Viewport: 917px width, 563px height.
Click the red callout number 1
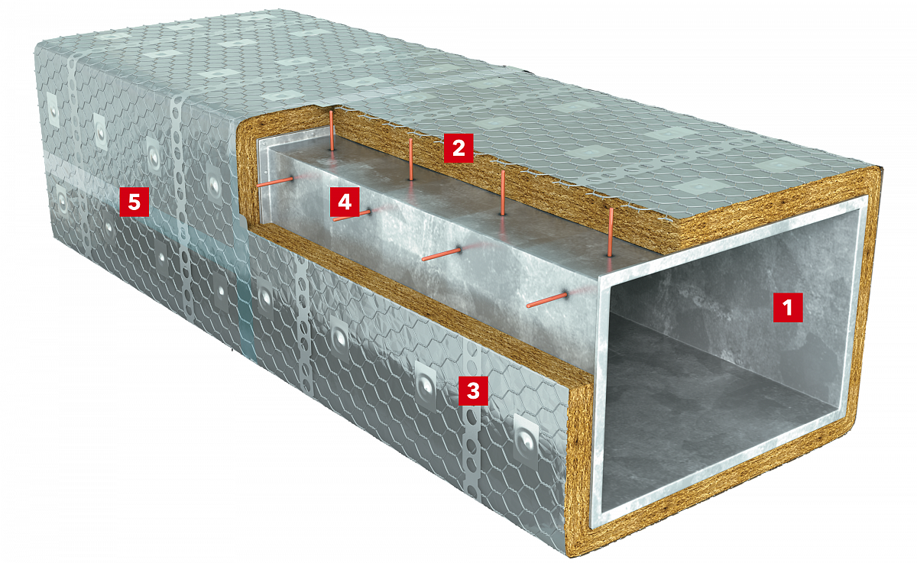tap(788, 307)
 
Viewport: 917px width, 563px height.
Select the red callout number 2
tap(458, 147)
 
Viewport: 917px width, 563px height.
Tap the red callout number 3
tap(473, 391)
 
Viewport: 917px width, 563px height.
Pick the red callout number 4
tap(345, 202)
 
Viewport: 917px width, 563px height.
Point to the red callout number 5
tap(134, 202)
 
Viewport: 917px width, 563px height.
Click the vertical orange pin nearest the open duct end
tap(611, 232)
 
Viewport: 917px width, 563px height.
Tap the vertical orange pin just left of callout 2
tap(410, 159)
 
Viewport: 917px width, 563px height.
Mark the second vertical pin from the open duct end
tap(503, 193)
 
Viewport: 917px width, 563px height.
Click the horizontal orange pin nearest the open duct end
tap(547, 300)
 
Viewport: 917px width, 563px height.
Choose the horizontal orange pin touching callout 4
tap(352, 215)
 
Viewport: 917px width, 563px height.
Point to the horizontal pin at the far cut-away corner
tap(275, 182)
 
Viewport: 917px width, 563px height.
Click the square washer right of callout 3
tap(526, 440)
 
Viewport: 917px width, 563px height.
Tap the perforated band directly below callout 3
tap(471, 450)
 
